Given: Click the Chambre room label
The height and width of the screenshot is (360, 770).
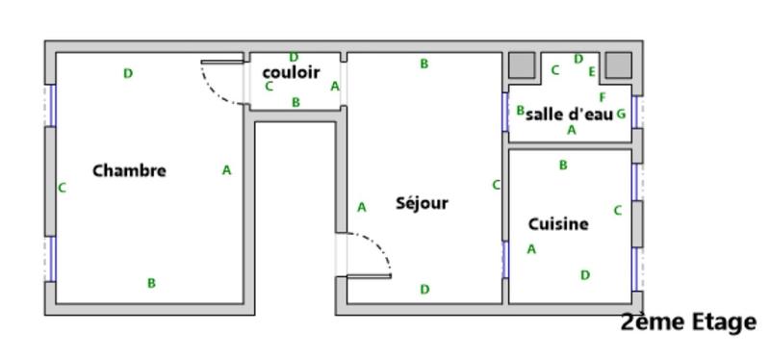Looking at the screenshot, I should tap(129, 170).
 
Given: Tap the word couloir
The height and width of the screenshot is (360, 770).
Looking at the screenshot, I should tap(291, 72).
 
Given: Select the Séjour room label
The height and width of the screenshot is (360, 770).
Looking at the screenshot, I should tap(422, 203).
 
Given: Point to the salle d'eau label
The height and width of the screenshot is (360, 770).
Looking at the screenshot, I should tap(570, 114).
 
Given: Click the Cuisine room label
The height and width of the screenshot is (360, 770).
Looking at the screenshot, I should tap(558, 224).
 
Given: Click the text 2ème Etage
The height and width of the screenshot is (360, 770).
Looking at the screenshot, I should tap(689, 322).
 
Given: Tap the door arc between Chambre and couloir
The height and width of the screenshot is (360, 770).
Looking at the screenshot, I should tap(223, 87).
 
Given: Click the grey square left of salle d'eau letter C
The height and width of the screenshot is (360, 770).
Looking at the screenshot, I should tap(521, 64).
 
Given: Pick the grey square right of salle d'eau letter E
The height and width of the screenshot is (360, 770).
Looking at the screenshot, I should tap(617, 64).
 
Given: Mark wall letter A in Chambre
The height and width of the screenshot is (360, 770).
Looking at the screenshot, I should tap(227, 170).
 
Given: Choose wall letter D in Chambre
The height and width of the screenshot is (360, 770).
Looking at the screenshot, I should tap(128, 73).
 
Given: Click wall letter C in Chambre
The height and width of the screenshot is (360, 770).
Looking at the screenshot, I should tap(63, 188).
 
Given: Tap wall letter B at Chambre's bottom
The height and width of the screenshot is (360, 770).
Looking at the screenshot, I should tap(151, 283).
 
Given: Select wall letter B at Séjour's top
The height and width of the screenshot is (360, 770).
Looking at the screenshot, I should tap(423, 64).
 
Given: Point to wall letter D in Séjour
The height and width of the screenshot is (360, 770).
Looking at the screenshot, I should tap(424, 289).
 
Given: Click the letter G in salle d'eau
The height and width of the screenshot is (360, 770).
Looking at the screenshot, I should tap(621, 114).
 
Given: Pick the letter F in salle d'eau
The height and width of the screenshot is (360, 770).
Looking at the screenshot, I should tap(603, 97).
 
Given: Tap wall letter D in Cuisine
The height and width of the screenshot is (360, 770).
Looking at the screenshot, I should tap(584, 275).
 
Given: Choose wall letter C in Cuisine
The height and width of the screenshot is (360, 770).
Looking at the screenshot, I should tap(618, 210).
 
